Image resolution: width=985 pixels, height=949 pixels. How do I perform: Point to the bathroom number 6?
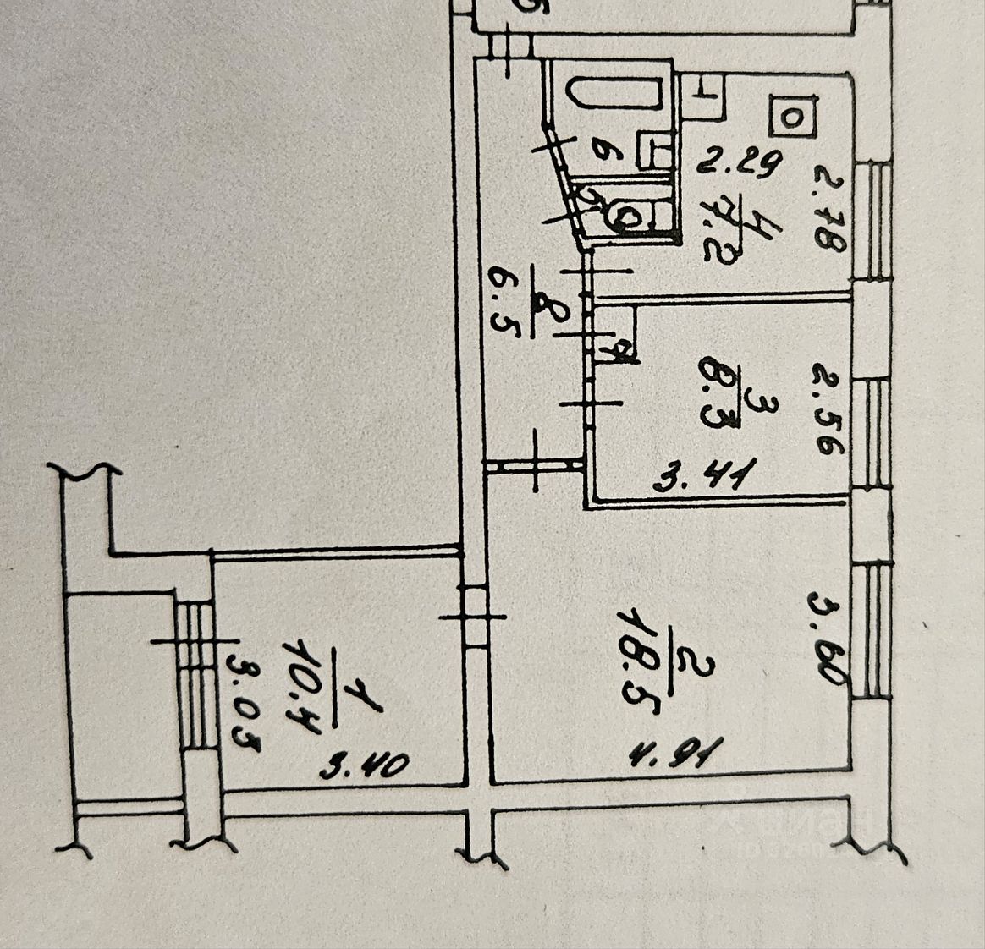tap(604, 152)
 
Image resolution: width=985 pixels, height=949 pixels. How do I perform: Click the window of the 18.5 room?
tap(872, 630)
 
